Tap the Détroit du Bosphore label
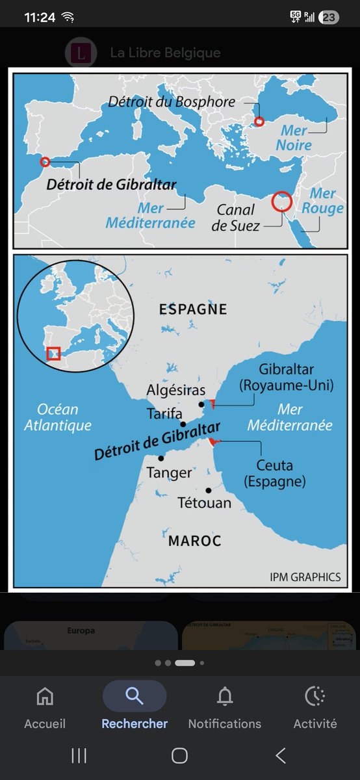(x=172, y=102)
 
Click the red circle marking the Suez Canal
(x=281, y=201)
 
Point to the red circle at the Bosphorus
(x=259, y=122)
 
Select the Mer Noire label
(x=294, y=138)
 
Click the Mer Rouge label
(x=322, y=201)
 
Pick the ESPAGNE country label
(x=193, y=309)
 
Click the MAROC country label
(x=195, y=540)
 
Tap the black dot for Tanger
(x=161, y=458)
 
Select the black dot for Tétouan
(x=208, y=490)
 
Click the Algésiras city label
(x=176, y=390)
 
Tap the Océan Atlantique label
(x=58, y=417)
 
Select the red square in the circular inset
(x=54, y=354)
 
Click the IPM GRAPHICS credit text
(x=305, y=577)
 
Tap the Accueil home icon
(x=45, y=696)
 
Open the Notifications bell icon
(x=225, y=696)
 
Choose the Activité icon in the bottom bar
(x=315, y=696)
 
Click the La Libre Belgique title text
(x=165, y=53)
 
